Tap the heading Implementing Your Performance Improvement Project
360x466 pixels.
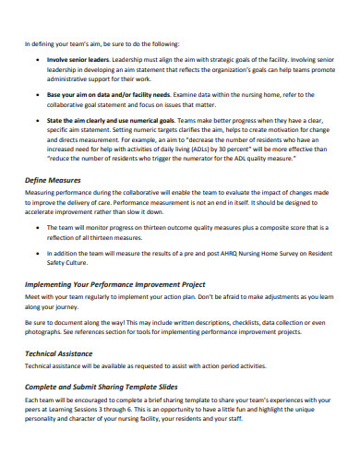click(114, 284)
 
